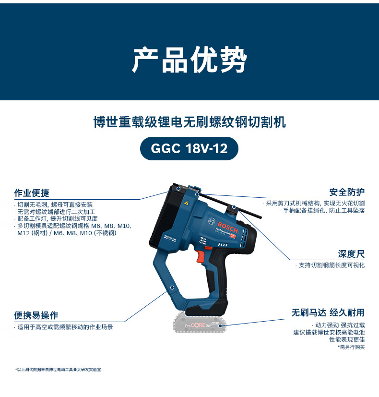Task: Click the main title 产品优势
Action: pyautogui.click(x=189, y=60)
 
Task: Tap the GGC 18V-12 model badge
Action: pyautogui.click(x=189, y=148)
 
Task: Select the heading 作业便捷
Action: pyautogui.click(x=32, y=193)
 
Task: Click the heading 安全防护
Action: pyautogui.click(x=347, y=192)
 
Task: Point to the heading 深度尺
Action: pyautogui.click(x=351, y=254)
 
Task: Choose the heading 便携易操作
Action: pyautogui.click(x=36, y=315)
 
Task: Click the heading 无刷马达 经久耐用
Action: pyautogui.click(x=328, y=313)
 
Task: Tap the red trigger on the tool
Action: pyautogui.click(x=200, y=255)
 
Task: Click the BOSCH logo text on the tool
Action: pyautogui.click(x=227, y=227)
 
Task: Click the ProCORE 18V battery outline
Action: pyautogui.click(x=200, y=322)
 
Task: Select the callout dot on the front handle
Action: pyautogui.click(x=172, y=288)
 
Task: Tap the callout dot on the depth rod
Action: pyautogui.click(x=234, y=207)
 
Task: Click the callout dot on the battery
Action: pyautogui.click(x=220, y=325)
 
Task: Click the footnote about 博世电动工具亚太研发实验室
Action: pyautogui.click(x=58, y=370)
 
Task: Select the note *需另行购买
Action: pyautogui.click(x=351, y=347)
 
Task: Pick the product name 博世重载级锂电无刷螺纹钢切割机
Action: pyautogui.click(x=189, y=122)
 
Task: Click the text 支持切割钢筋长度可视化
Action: pyautogui.click(x=330, y=265)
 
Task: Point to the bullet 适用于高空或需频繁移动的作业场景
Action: pyautogui.click(x=63, y=327)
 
